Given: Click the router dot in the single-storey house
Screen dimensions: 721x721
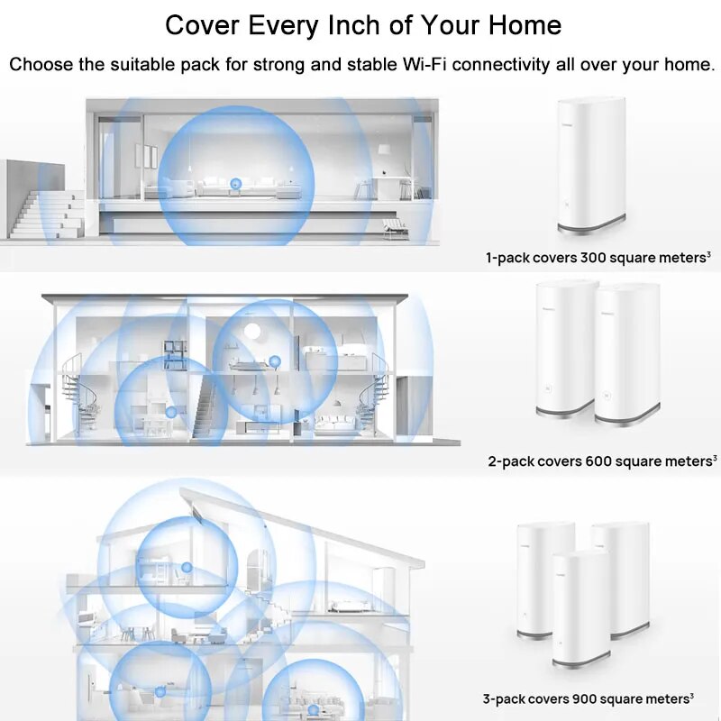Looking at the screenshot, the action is tap(235, 184).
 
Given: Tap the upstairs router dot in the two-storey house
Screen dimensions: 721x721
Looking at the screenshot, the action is tap(275, 361).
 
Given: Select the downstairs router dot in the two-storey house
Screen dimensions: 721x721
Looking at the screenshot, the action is tap(171, 412).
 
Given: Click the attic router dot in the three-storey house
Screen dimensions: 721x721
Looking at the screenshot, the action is tap(187, 568).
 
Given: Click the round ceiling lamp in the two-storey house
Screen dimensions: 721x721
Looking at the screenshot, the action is tap(252, 331).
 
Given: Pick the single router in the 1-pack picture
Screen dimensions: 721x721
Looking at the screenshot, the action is tap(592, 166).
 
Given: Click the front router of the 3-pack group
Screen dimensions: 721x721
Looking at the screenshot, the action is tap(581, 609).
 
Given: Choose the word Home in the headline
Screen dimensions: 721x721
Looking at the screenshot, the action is tap(525, 25).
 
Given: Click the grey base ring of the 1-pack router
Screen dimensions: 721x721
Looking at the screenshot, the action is tap(592, 225).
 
